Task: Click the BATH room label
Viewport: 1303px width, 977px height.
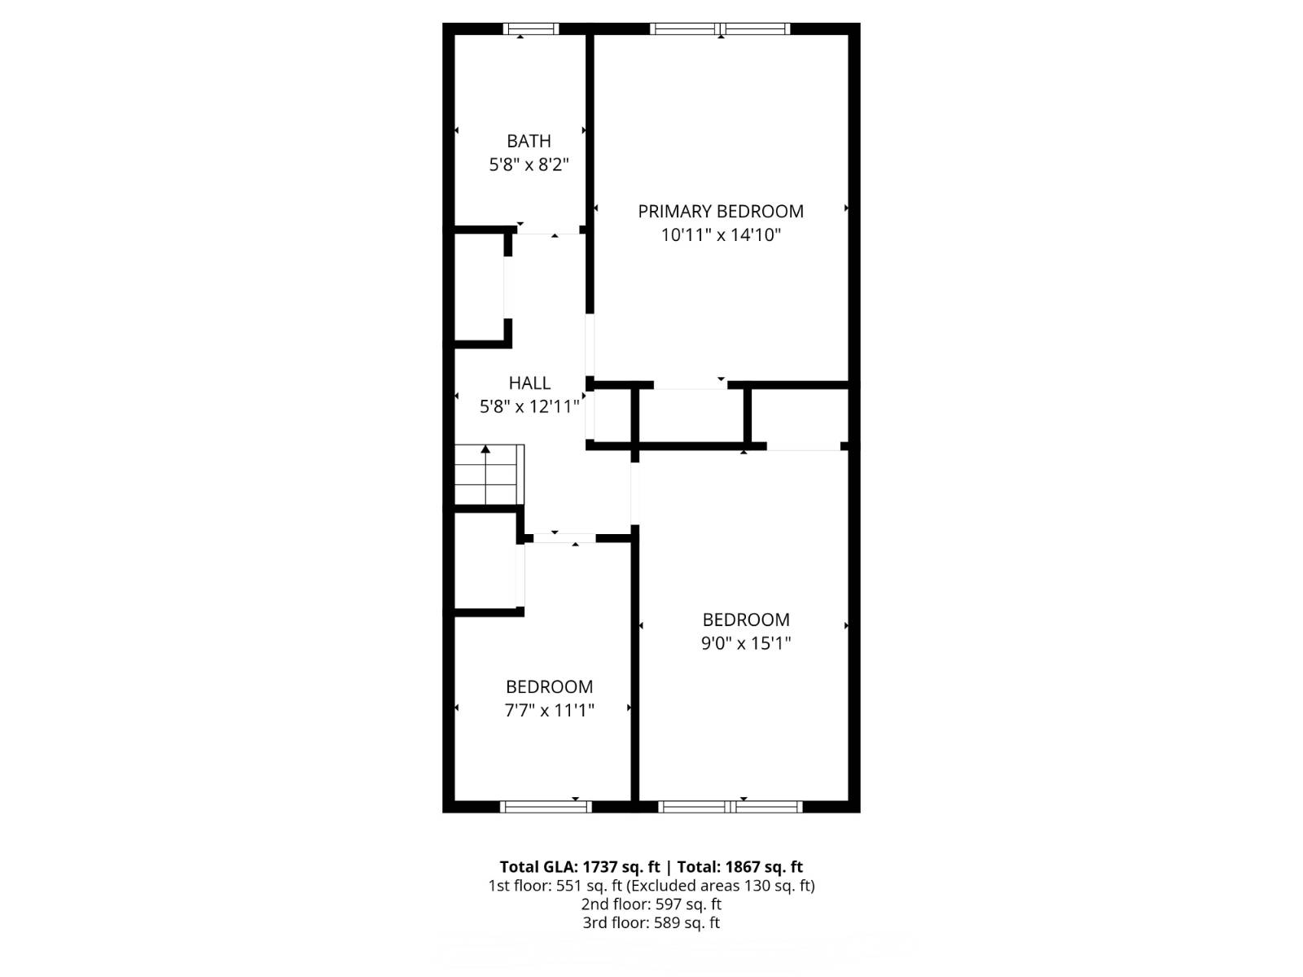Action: click(x=529, y=141)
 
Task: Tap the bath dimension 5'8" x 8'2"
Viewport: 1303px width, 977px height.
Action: click(x=529, y=165)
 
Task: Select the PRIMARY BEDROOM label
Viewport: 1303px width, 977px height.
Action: click(x=721, y=212)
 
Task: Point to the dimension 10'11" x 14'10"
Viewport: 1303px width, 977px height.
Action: click(x=721, y=235)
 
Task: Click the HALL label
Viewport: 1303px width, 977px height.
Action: click(x=529, y=383)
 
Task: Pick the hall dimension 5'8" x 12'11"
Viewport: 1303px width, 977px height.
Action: click(x=529, y=406)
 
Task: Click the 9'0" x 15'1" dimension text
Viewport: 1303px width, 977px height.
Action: click(x=746, y=643)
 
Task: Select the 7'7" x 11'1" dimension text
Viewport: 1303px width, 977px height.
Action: click(x=549, y=711)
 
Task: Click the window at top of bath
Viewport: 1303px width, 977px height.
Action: click(x=530, y=29)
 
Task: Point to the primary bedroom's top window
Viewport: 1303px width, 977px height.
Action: click(x=720, y=29)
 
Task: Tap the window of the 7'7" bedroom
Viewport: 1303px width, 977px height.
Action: click(x=545, y=807)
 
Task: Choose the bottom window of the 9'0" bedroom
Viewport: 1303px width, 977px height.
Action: click(x=730, y=807)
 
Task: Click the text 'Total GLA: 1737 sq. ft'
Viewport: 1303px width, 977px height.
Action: click(x=580, y=867)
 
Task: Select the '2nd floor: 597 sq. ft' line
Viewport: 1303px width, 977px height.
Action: click(x=651, y=905)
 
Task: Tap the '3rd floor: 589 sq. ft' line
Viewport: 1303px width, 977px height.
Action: click(x=651, y=923)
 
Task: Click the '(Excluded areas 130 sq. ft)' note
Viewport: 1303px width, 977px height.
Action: click(x=721, y=886)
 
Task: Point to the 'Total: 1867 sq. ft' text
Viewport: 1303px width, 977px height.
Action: click(x=740, y=867)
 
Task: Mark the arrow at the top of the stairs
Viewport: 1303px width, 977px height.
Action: click(x=485, y=449)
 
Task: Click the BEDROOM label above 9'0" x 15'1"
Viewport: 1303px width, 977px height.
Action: click(x=746, y=620)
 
